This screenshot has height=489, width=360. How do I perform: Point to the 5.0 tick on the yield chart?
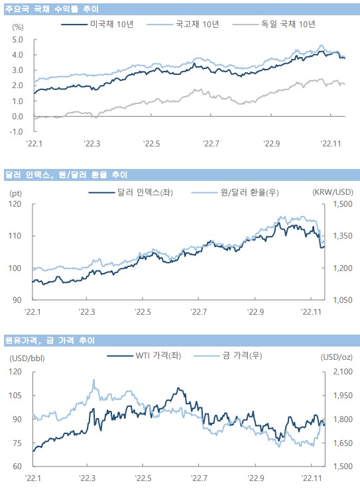17,40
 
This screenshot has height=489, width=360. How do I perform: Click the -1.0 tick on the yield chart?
16,132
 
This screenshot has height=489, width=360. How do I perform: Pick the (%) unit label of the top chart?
18,27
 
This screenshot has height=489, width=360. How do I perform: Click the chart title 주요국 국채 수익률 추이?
52,9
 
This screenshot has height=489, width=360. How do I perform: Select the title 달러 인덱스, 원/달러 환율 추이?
66,175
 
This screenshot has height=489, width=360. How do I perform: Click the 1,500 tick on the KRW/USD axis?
343,204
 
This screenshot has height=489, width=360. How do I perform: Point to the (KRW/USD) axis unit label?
333,192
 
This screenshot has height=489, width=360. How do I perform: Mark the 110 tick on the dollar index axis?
15,236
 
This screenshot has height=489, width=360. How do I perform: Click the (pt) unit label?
16,193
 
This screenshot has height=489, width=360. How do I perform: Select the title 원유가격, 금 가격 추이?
50,340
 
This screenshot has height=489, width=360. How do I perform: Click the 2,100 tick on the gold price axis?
343,372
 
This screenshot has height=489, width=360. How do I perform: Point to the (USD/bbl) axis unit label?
27,358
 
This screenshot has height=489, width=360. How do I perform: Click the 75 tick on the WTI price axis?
17,443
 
